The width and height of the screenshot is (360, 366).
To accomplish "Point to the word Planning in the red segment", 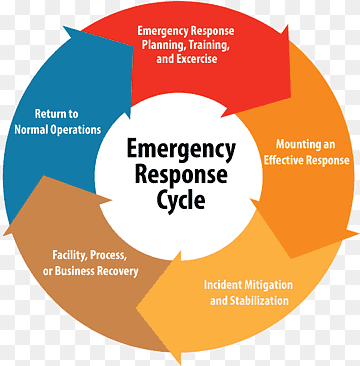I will pos(173,45).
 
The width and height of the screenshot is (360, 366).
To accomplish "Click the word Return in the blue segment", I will pos(56,113).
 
